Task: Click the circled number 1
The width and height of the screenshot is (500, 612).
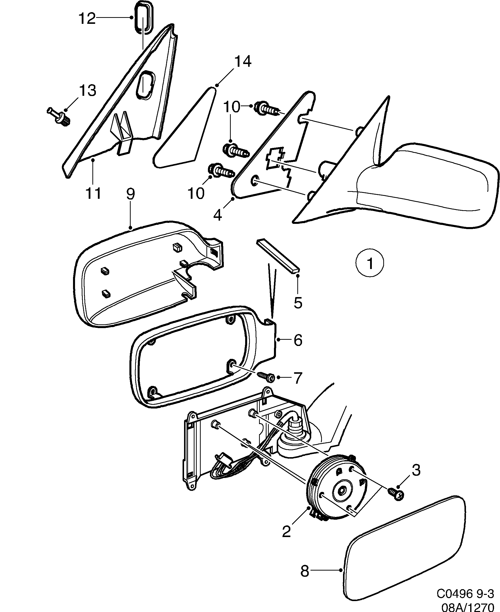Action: [x=370, y=263]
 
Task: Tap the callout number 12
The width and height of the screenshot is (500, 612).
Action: [x=87, y=18]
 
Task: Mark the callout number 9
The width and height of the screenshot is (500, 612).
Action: [x=130, y=194]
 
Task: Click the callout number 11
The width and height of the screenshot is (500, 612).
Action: [x=93, y=193]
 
